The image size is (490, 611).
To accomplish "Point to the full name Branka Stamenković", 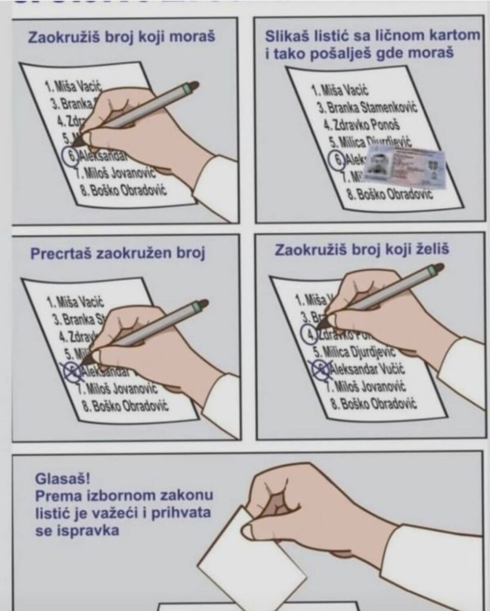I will (367, 108).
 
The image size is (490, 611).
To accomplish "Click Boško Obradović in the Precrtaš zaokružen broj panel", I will (127, 406).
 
